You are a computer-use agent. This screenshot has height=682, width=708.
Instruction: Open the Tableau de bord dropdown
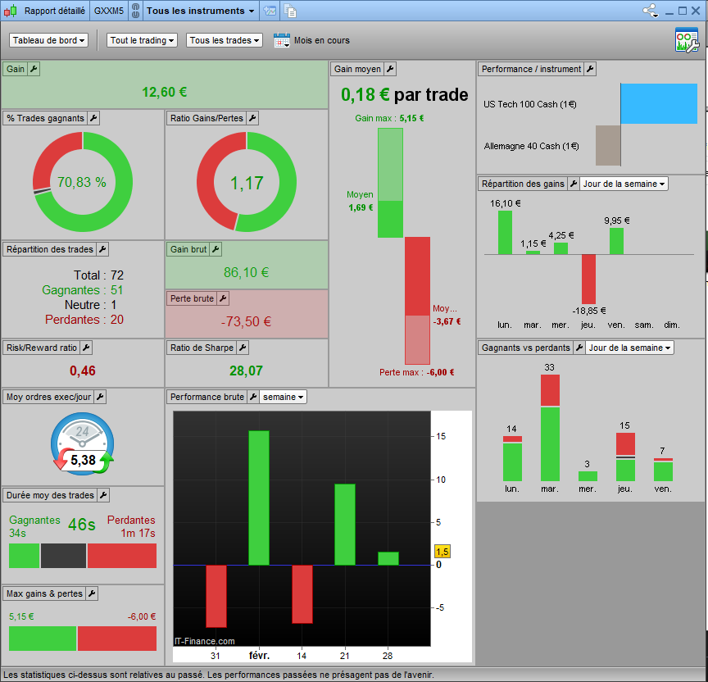click(48, 40)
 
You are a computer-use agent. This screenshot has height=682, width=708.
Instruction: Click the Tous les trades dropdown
click(225, 40)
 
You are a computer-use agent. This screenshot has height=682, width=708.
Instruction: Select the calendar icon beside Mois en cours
click(282, 40)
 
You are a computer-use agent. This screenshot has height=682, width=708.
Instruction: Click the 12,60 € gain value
click(165, 92)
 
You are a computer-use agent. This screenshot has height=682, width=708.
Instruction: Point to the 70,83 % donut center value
click(82, 182)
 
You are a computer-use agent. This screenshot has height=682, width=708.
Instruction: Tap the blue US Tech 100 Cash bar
click(659, 103)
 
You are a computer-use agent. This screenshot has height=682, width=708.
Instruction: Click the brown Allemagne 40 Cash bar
click(608, 145)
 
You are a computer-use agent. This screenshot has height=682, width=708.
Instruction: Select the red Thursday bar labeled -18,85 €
click(588, 280)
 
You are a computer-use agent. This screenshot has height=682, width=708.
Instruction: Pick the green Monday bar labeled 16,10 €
click(505, 233)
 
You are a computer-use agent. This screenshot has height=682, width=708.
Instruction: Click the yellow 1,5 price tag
click(442, 552)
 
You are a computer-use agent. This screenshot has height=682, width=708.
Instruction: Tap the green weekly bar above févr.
click(259, 498)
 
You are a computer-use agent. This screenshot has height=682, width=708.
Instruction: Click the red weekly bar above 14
click(302, 594)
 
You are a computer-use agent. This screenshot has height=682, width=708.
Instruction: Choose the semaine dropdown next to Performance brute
click(283, 397)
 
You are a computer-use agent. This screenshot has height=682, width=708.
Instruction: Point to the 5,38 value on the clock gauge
click(83, 460)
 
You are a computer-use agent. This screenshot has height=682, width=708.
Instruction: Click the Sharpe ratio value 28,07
click(246, 371)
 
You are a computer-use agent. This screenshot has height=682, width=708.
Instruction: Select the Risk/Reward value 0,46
click(83, 371)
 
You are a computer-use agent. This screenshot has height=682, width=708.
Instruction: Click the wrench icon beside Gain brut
click(216, 249)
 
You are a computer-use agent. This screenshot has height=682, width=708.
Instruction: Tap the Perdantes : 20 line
click(84, 320)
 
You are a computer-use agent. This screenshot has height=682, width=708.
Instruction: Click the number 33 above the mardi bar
click(549, 367)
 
